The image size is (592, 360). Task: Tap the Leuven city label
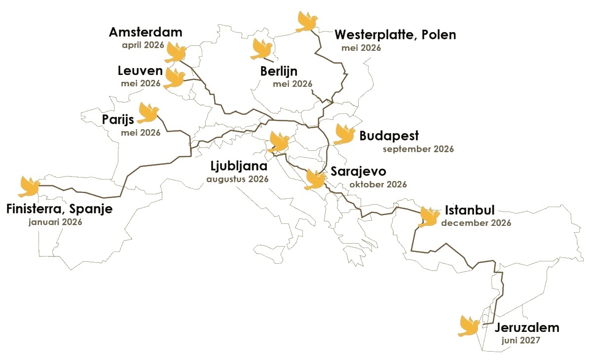tap(140, 71)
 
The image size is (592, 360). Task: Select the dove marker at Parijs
tap(148, 113)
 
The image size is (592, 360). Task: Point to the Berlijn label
tap(279, 72)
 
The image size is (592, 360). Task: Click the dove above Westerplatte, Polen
tap(307, 22)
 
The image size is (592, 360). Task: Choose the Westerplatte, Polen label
tap(395, 35)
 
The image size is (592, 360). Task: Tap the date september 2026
tap(418, 149)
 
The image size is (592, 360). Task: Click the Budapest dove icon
tap(345, 134)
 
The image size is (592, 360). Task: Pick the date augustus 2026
tap(237, 179)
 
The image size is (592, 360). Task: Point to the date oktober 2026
tap(378, 185)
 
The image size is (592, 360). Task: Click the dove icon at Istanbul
tap(429, 217)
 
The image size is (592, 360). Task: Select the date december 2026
tap(476, 223)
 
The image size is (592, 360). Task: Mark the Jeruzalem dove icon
tap(469, 326)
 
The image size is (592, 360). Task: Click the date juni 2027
tap(520, 340)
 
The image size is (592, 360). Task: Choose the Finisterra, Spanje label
tap(60, 209)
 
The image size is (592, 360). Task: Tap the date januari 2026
tap(55, 222)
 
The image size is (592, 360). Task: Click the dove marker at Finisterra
tap(29, 186)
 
